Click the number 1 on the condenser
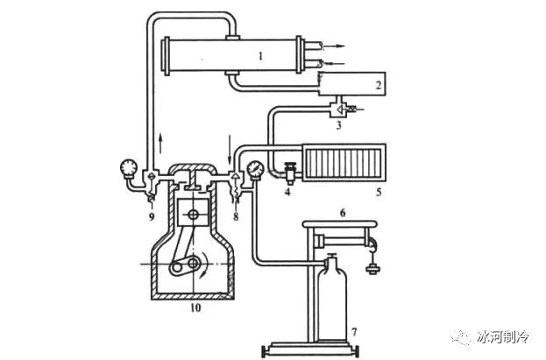click(261, 56)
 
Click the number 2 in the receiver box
click(379, 85)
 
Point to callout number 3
click(339, 125)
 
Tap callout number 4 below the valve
click(287, 192)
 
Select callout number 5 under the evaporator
click(379, 192)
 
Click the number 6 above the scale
click(343, 212)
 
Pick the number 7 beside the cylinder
click(354, 332)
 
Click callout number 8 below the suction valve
click(236, 216)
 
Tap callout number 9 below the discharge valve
click(152, 216)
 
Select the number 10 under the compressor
click(195, 307)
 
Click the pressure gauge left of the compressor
click(129, 168)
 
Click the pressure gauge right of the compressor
click(256, 170)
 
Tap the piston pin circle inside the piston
click(193, 215)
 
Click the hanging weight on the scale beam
click(373, 269)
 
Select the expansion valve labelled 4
click(290, 173)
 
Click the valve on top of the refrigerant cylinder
click(331, 258)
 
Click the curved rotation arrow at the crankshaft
click(205, 265)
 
